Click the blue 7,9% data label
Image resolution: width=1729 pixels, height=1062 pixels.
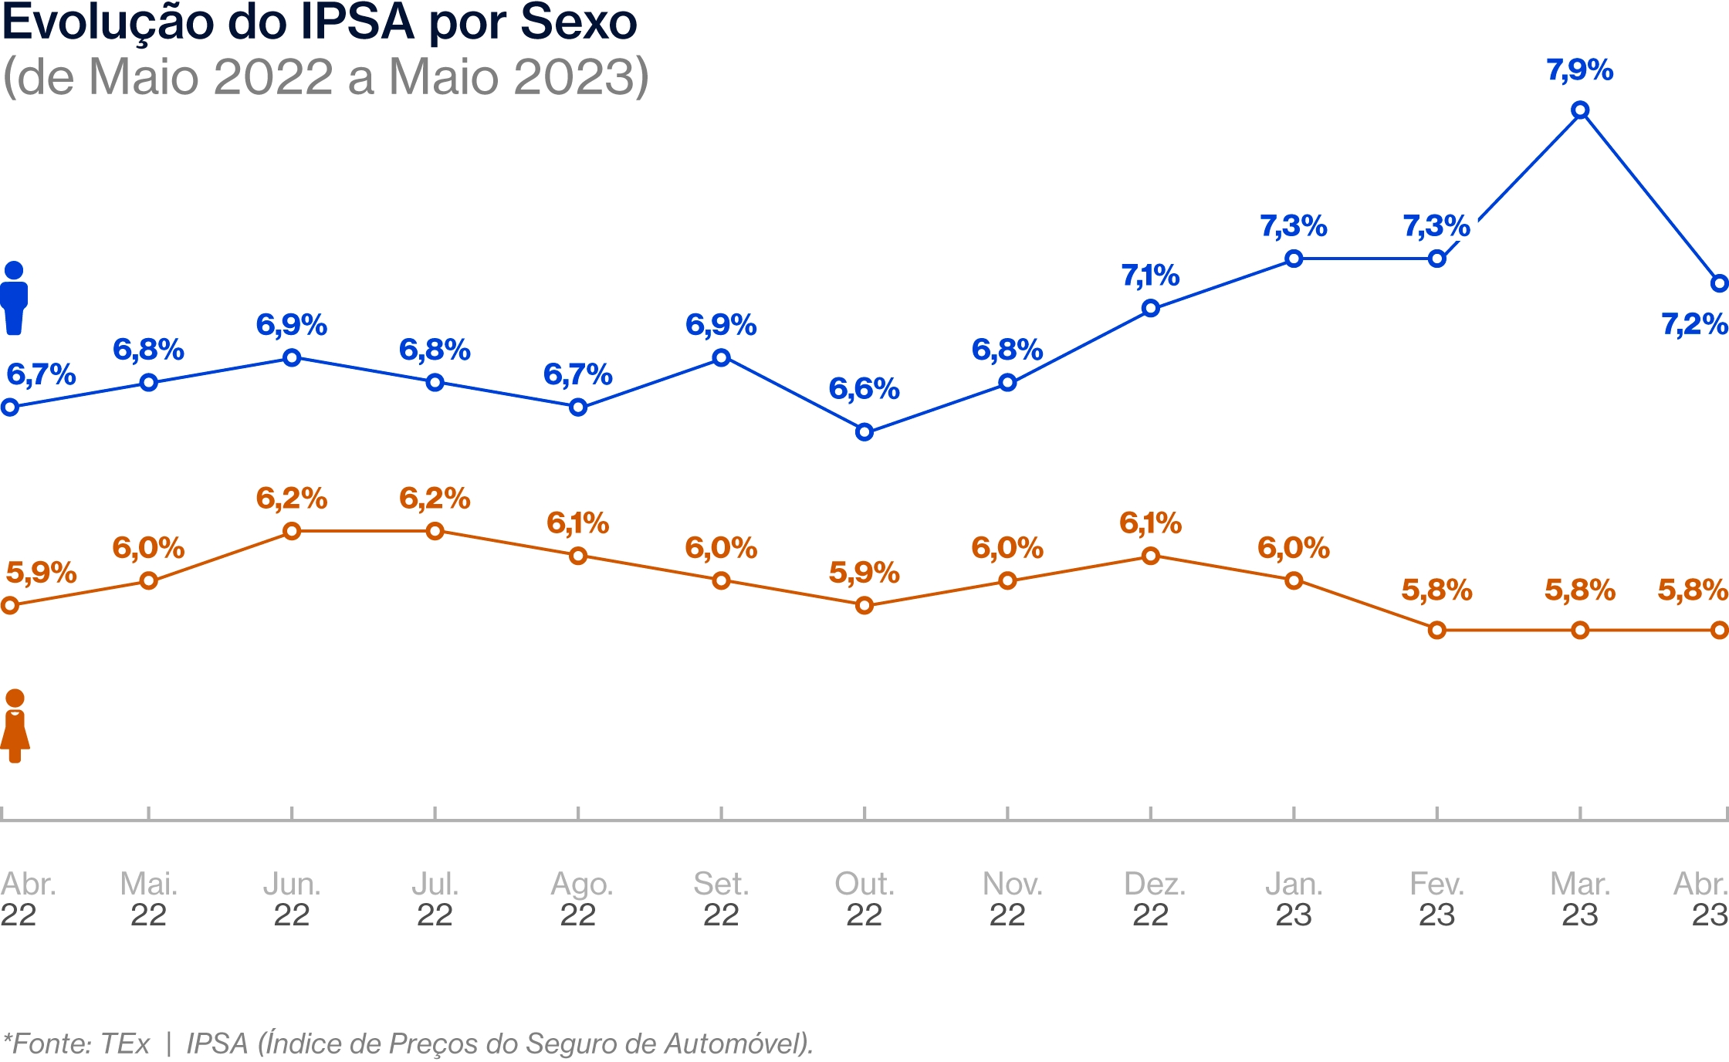tap(1579, 70)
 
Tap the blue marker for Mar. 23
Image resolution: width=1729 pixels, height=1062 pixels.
tap(1580, 110)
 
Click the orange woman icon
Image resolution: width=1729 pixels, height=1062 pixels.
tap(15, 726)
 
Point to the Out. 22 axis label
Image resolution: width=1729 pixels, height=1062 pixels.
tap(864, 899)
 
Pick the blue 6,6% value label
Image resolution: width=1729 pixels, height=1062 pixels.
tap(864, 389)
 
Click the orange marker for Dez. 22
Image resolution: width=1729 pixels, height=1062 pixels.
tap(1150, 556)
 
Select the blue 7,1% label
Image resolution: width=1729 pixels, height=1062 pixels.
tap(1150, 276)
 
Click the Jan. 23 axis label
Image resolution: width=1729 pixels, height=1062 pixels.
tap(1294, 899)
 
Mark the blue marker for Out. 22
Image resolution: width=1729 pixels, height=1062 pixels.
tap(864, 432)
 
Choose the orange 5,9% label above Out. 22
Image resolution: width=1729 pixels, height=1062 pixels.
tap(864, 573)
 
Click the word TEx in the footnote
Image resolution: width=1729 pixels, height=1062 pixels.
tap(125, 1043)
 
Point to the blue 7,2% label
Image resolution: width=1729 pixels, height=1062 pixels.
tap(1693, 324)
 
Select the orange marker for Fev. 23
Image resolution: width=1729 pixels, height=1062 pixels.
tap(1436, 631)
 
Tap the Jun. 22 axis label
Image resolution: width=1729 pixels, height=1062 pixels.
tap(292, 899)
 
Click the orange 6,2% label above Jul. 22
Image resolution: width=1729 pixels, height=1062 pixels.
tap(435, 499)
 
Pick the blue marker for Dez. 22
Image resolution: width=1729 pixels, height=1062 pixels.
tap(1150, 309)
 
